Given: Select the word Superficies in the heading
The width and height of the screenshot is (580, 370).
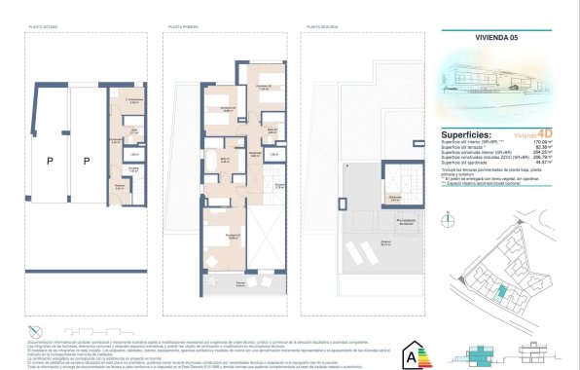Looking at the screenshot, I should coord(464,135).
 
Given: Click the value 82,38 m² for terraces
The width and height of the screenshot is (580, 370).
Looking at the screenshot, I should coord(554,149).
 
